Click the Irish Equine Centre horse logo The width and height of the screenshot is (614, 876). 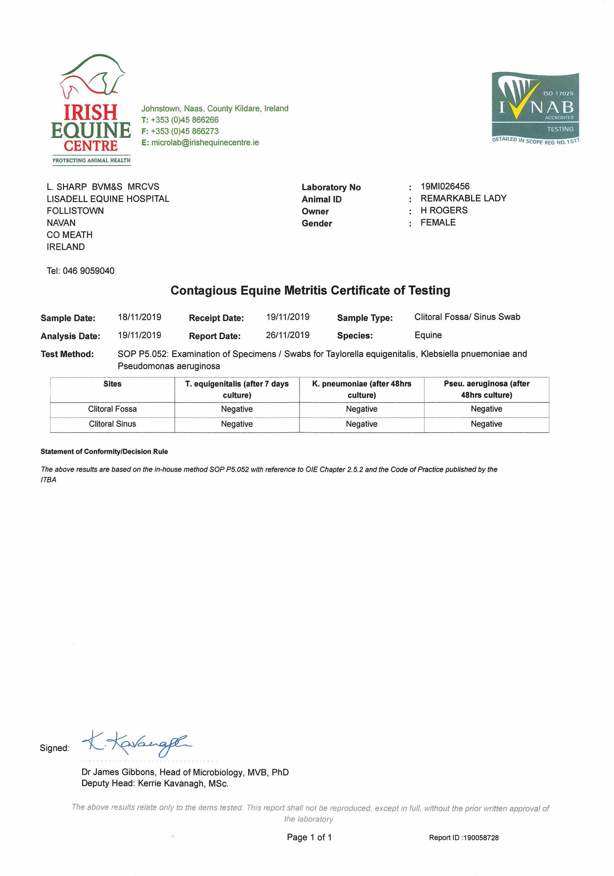tap(91, 109)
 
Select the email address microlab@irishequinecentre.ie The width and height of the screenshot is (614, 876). tap(205, 143)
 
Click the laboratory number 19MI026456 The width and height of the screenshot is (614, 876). tap(445, 187)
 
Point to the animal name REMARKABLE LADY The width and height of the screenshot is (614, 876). tap(463, 198)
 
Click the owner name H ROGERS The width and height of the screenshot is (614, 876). tap(444, 211)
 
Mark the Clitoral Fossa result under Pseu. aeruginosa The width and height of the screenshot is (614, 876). tap(486, 409)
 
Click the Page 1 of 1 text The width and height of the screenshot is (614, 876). tap(309, 838)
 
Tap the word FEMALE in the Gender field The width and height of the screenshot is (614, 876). tap(438, 222)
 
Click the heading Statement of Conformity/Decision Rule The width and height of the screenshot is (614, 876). tap(104, 452)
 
